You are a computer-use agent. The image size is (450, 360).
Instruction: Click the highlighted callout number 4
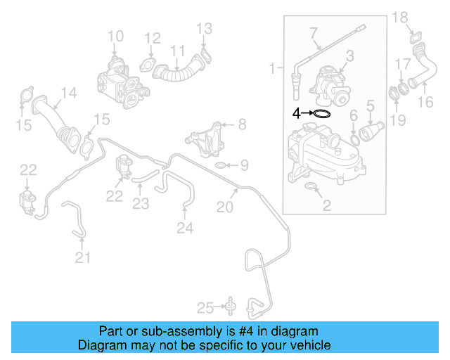coord(296,112)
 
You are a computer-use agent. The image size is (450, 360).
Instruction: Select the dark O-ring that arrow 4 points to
coord(321,112)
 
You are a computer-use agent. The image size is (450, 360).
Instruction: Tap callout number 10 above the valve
coord(115,36)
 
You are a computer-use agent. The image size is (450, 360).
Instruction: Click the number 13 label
coord(203,28)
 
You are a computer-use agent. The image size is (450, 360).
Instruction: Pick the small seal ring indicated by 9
coord(220,166)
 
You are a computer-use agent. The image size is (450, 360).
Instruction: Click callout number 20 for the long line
coord(224,206)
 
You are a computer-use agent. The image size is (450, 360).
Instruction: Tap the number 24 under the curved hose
coord(184,227)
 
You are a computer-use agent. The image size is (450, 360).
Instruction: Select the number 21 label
coord(83,258)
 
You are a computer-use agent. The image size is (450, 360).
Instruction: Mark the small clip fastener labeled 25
coord(229,305)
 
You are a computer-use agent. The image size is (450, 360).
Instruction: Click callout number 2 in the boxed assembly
coord(326,205)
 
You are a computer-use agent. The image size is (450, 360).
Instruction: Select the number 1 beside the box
coord(273,69)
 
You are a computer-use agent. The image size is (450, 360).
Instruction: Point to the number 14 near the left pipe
coord(67,92)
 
